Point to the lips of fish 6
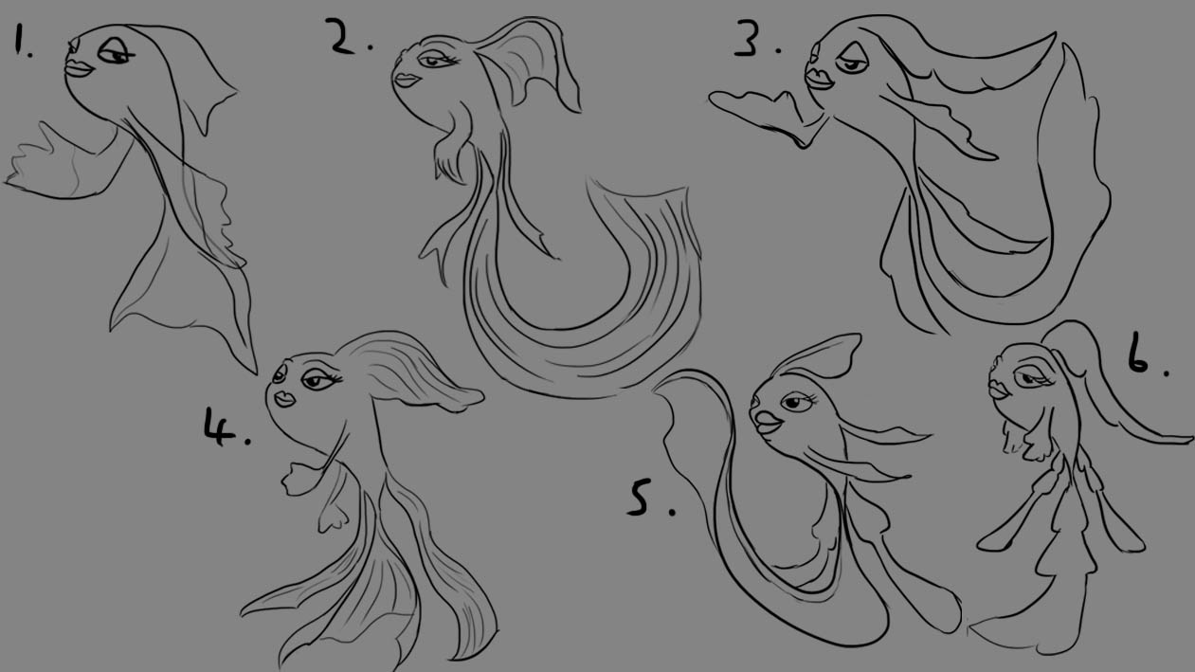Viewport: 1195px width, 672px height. point(996,390)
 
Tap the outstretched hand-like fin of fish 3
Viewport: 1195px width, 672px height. point(763,113)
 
